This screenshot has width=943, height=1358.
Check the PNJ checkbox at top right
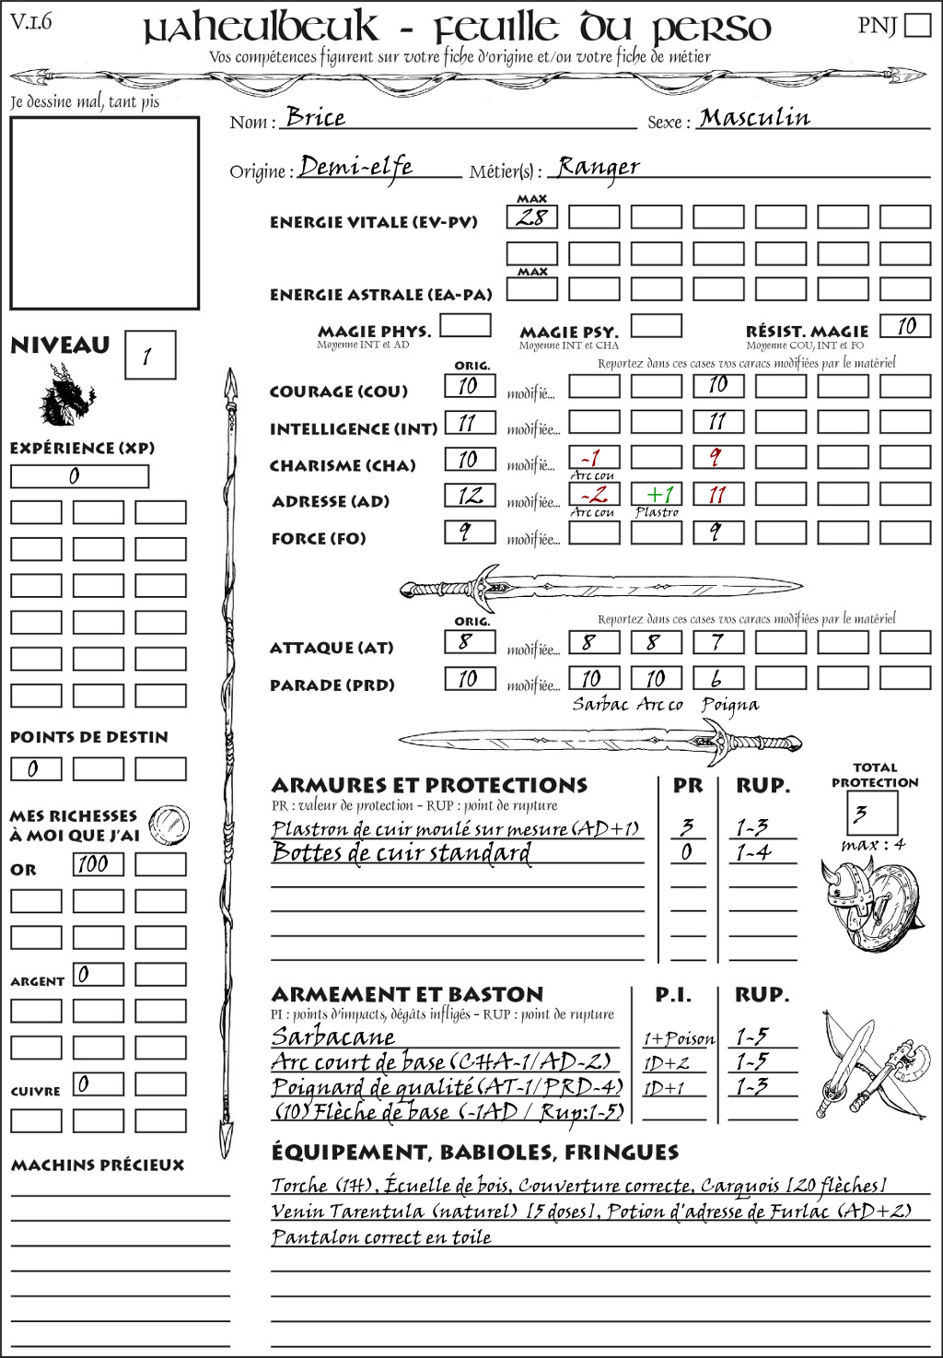coord(918,25)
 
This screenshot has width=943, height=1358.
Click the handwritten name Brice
coord(315,117)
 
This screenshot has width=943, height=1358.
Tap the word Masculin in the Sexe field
coord(755,117)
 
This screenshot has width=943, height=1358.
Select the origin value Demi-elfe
coord(356,167)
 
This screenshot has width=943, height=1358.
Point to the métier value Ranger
coord(598,167)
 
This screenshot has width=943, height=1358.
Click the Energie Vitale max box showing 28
coord(531,217)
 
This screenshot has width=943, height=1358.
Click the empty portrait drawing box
coord(104,213)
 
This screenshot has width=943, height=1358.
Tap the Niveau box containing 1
coord(149,356)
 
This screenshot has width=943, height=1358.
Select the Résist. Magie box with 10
coord(905,326)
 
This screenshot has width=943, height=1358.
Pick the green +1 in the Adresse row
coord(657,495)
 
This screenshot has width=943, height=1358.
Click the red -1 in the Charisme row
coord(593,458)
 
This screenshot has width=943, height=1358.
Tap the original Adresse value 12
coord(470,496)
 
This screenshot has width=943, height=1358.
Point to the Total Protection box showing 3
coord(871,813)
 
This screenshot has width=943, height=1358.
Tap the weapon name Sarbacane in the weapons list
coord(332,1036)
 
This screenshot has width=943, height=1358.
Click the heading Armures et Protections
coord(429,785)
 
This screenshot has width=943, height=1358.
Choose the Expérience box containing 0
coord(79,476)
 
